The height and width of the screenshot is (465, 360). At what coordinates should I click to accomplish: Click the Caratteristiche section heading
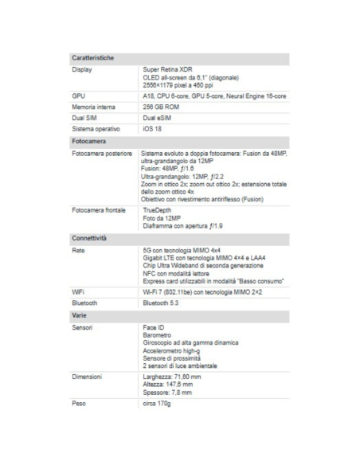pos(93,58)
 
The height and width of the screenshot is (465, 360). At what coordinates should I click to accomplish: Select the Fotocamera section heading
pos(89,141)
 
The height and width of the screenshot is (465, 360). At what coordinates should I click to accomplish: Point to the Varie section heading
pos(80,315)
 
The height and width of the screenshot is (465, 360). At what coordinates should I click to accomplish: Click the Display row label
pos(82,69)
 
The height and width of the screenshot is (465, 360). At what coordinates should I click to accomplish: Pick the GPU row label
pos(78,96)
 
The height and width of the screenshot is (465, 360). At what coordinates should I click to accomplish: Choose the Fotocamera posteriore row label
pos(102,152)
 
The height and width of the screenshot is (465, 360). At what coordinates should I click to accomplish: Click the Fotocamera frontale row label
pos(99,210)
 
